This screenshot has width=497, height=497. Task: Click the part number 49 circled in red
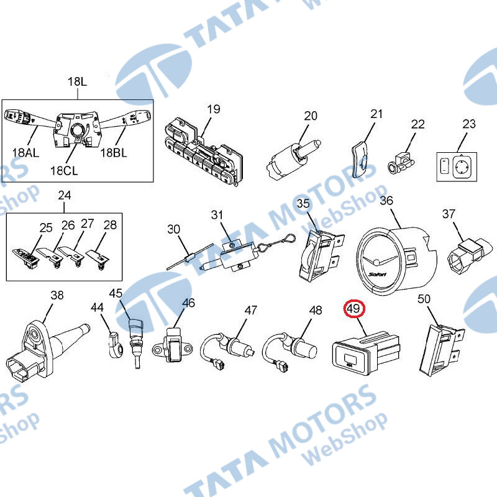(354, 308)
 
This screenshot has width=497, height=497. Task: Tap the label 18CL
(64, 171)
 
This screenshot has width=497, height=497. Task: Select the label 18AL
(25, 153)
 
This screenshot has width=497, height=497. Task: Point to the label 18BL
(114, 153)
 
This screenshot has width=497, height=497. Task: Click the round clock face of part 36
(377, 262)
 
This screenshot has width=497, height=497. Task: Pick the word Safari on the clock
(378, 274)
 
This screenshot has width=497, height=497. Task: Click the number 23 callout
(469, 124)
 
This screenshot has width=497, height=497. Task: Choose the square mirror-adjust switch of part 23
(464, 166)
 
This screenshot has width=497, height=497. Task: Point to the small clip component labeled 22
(401, 163)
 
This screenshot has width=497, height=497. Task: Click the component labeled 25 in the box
(26, 258)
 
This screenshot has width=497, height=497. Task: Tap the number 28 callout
(110, 225)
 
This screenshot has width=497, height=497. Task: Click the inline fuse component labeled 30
(190, 257)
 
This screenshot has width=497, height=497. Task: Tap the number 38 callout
(57, 296)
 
